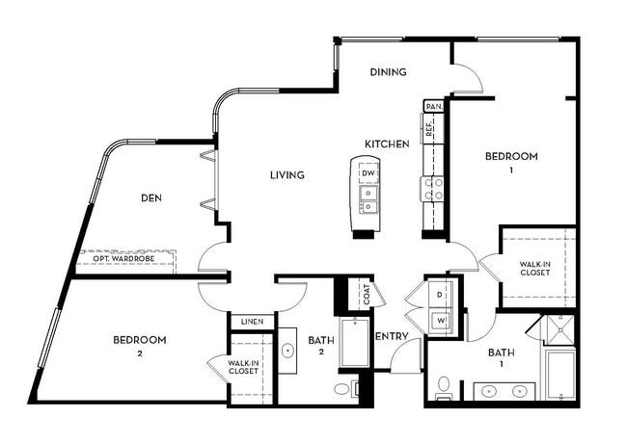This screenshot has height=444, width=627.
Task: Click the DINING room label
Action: point(388,72)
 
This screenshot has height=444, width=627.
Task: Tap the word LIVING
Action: point(286,175)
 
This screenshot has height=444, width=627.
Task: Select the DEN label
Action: point(150,198)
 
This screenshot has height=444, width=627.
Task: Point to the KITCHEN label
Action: point(387,144)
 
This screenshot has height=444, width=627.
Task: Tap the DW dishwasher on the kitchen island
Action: point(368,173)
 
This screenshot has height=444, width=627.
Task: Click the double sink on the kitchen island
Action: point(368,198)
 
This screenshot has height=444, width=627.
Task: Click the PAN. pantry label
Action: point(433,106)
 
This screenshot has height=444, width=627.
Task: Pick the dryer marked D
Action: point(439,294)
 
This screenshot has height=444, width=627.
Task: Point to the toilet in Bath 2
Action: point(342,390)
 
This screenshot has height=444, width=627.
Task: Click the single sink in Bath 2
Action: point(287,352)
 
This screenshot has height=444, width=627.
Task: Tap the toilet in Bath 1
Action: point(444,385)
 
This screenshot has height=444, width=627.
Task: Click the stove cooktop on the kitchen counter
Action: point(430,188)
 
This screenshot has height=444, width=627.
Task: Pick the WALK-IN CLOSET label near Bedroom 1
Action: point(533,268)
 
